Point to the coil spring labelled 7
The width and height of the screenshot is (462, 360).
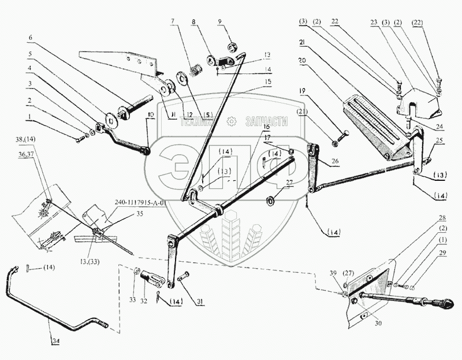pyautogui.click(x=196, y=75)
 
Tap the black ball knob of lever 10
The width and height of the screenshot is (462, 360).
pyautogui.click(x=147, y=151)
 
